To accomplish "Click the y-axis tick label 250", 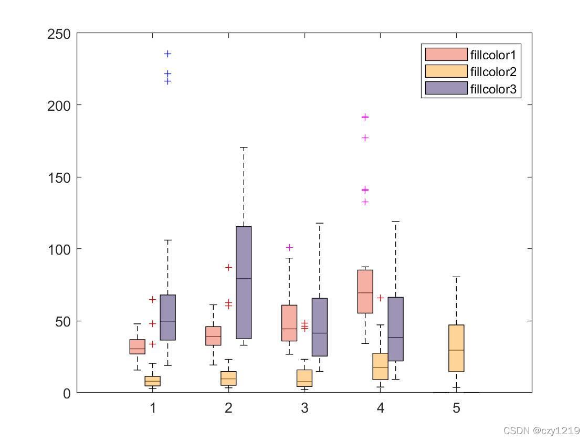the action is [x=59, y=34].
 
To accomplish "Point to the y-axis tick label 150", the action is [x=59, y=178].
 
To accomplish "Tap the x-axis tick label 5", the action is [x=456, y=408].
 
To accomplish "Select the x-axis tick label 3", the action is [x=304, y=408].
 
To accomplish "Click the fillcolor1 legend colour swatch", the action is [x=446, y=55].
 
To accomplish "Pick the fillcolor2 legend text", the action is [x=493, y=71].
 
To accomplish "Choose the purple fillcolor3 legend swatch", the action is [x=446, y=88].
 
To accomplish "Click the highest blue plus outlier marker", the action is [x=167, y=54].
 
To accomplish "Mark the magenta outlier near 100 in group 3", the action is [x=289, y=247].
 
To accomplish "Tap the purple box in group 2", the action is [x=244, y=282].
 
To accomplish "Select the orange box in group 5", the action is [x=456, y=349].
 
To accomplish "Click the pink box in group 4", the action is [x=365, y=291].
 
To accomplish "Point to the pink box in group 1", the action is [x=137, y=347].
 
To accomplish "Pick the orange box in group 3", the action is [x=304, y=378].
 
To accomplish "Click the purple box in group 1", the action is [x=167, y=317].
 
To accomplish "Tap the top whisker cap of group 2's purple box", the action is [x=244, y=148].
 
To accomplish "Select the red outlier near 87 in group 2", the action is [x=228, y=267].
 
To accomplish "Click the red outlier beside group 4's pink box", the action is [x=380, y=298].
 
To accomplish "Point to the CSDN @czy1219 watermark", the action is [x=541, y=430].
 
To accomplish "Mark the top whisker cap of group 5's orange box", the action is [x=456, y=277].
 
